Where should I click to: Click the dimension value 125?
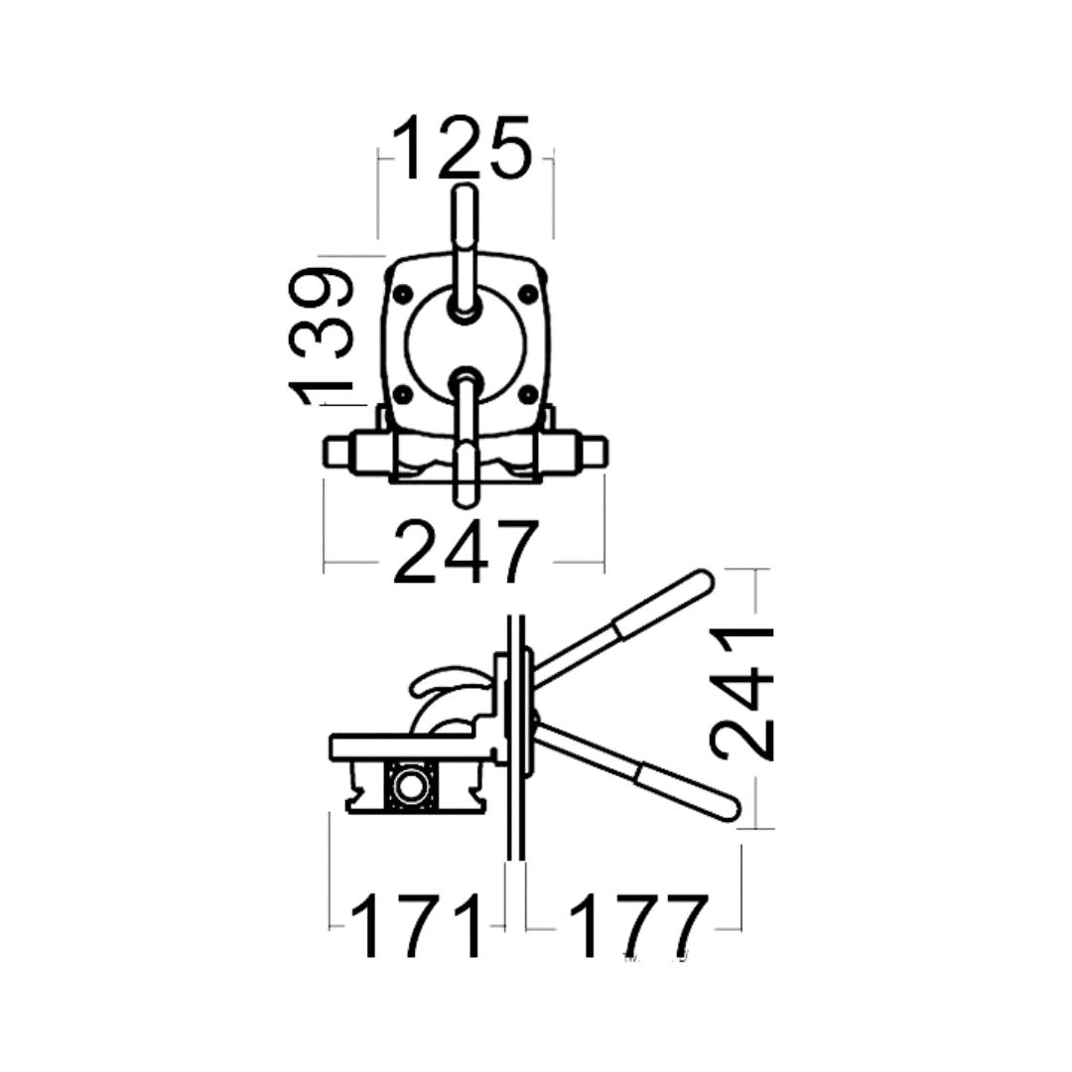pyautogui.click(x=463, y=148)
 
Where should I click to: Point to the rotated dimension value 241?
pyautogui.click(x=741, y=694)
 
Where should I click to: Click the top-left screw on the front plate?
pyautogui.click(x=403, y=295)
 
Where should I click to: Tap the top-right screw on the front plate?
pyautogui.click(x=528, y=295)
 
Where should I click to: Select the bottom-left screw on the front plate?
pyautogui.click(x=403, y=394)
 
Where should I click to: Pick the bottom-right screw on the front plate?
pyautogui.click(x=528, y=394)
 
